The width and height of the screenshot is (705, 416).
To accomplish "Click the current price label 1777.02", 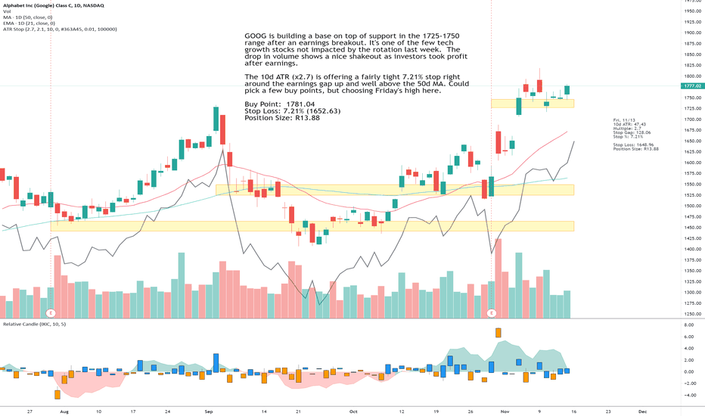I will coord(690,87).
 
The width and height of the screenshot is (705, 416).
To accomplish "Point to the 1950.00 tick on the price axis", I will coord(690,11).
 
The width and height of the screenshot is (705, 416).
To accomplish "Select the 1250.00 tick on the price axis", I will coord(690,314).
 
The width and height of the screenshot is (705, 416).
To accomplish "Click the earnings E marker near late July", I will coord(51,312).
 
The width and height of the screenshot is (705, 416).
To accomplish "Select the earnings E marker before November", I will coord(492,312).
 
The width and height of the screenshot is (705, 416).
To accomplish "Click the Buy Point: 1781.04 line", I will coord(279,104).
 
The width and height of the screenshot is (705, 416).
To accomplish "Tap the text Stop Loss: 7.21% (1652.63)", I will coord(292,111).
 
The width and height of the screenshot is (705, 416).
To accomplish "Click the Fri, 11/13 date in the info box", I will coord(626,120).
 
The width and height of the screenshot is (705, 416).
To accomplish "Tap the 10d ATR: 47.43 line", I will coord(630,124).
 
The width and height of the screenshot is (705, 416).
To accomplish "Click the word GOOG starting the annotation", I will coord(256,36).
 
